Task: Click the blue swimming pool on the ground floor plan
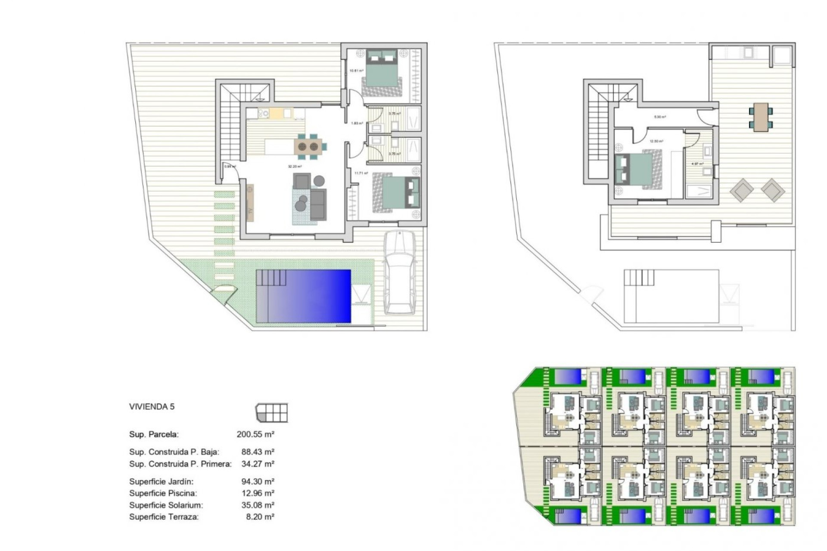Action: click(304, 296)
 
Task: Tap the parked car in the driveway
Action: click(400, 272)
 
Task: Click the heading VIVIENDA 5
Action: click(152, 407)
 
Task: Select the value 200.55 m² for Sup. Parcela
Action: click(255, 434)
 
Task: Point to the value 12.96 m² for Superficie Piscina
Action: click(258, 493)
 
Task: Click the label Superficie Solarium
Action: click(166, 505)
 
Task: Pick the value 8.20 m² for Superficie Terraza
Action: click(260, 517)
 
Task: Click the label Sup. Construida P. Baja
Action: click(174, 452)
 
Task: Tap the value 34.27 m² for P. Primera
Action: click(258, 464)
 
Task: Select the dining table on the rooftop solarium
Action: click(761, 117)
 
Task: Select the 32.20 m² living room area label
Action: click(295, 167)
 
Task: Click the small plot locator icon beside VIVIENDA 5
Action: click(272, 413)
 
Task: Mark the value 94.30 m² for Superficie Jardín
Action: click(258, 482)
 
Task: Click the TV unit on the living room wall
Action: click(249, 202)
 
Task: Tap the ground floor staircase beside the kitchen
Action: click(230, 125)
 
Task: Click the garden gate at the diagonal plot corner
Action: click(224, 293)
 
